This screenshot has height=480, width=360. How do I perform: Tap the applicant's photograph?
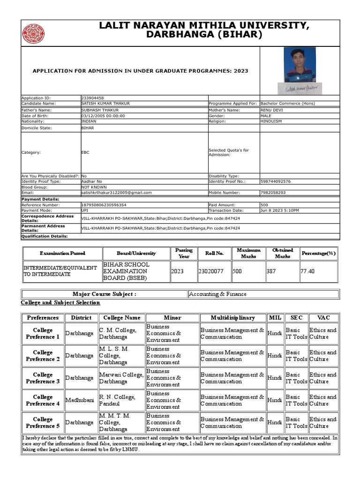[300, 65]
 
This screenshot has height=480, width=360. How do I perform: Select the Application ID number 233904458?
[92, 98]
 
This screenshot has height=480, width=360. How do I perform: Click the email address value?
[116, 192]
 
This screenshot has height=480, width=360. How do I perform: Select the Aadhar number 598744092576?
[275, 181]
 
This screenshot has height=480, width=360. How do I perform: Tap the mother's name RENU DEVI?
[271, 110]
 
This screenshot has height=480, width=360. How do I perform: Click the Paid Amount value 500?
[264, 205]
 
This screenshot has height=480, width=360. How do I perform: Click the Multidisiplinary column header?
[232, 317]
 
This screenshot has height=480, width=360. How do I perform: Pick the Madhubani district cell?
[81, 400]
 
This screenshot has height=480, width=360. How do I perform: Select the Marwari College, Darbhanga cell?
[121, 378]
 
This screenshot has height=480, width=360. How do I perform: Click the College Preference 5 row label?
[43, 422]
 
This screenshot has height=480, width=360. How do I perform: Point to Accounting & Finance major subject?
[217, 294]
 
